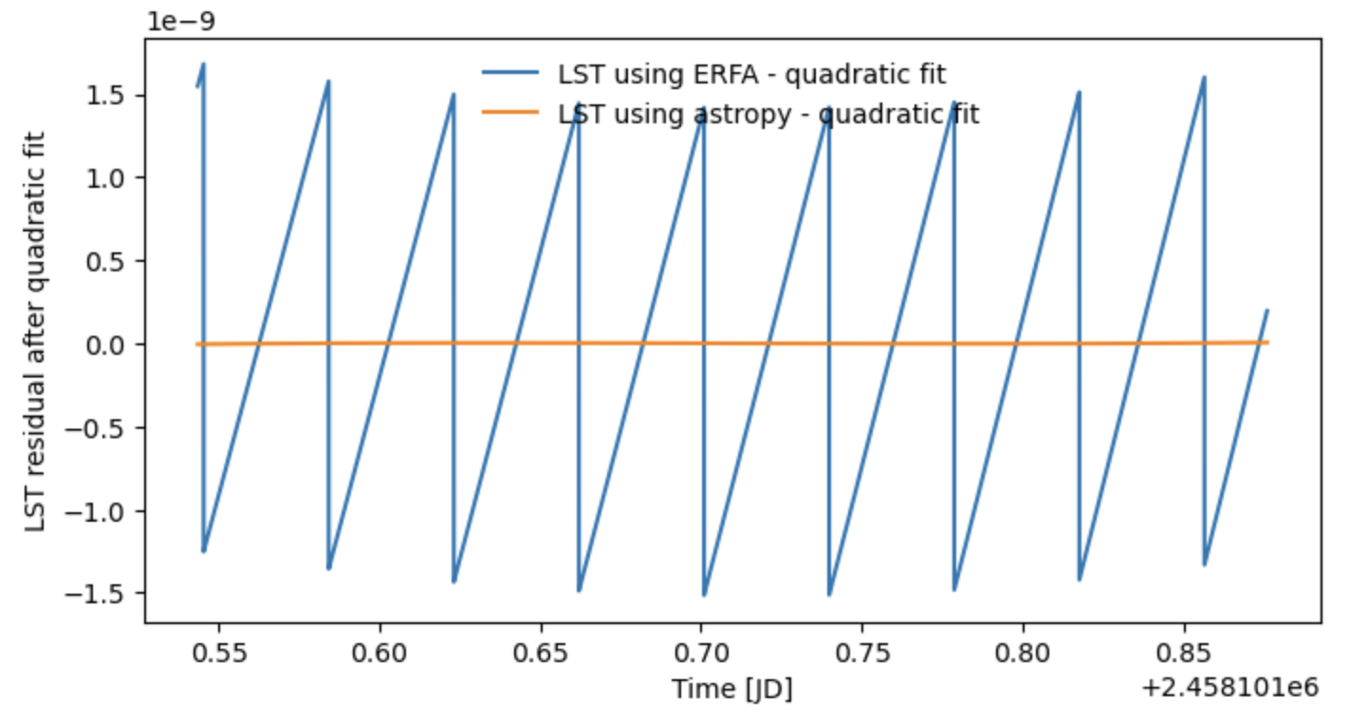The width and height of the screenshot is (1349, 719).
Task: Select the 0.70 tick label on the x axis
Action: coord(701,654)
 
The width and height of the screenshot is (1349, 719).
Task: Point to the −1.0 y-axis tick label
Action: coord(103,511)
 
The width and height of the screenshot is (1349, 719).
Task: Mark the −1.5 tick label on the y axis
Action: coord(103,594)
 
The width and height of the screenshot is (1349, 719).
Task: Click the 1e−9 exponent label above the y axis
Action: coord(180,20)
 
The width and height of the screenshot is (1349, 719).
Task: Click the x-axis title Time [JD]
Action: coord(731,689)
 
